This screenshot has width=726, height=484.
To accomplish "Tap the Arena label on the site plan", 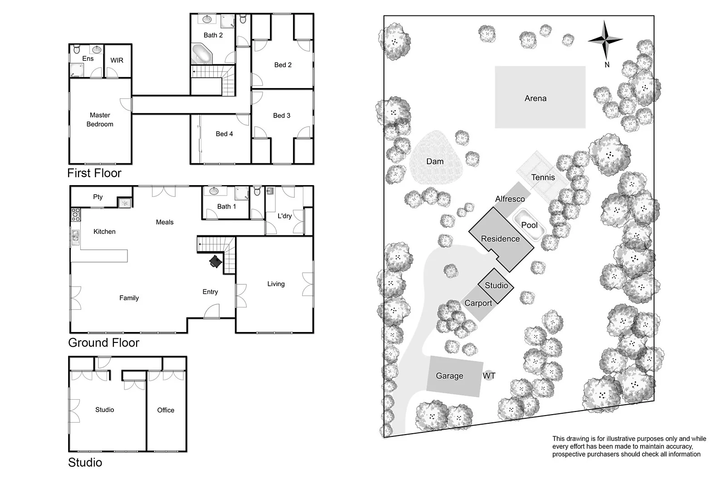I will pyautogui.click(x=535, y=98).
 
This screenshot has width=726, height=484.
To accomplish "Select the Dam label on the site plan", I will pyautogui.click(x=435, y=161).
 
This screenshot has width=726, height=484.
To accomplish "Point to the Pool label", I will pyautogui.click(x=529, y=225).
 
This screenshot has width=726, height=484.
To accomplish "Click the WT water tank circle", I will pyautogui.click(x=489, y=376).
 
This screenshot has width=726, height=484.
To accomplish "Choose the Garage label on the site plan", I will pyautogui.click(x=449, y=376).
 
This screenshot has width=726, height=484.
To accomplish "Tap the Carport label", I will pyautogui.click(x=478, y=303).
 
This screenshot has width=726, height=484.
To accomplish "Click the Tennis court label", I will pyautogui.click(x=543, y=177).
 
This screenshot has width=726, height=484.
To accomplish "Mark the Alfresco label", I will pyautogui.click(x=510, y=199).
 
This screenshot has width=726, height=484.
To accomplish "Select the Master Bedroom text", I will pyautogui.click(x=100, y=120).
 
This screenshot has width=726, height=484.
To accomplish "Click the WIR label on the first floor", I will pyautogui.click(x=117, y=60).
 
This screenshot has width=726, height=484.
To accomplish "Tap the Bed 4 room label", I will pyautogui.click(x=224, y=134).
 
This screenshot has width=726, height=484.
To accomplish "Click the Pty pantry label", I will pyautogui.click(x=98, y=197).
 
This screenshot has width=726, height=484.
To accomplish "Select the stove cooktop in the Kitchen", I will pyautogui.click(x=76, y=214).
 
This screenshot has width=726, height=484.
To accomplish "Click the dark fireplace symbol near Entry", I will pyautogui.click(x=215, y=262).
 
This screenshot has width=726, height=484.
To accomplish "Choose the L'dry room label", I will pyautogui.click(x=285, y=216).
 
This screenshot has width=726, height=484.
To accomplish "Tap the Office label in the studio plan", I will pyautogui.click(x=166, y=410).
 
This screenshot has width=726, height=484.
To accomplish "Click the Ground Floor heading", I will pyautogui.click(x=103, y=342).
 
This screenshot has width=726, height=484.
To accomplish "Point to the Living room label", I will pyautogui.click(x=276, y=284).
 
